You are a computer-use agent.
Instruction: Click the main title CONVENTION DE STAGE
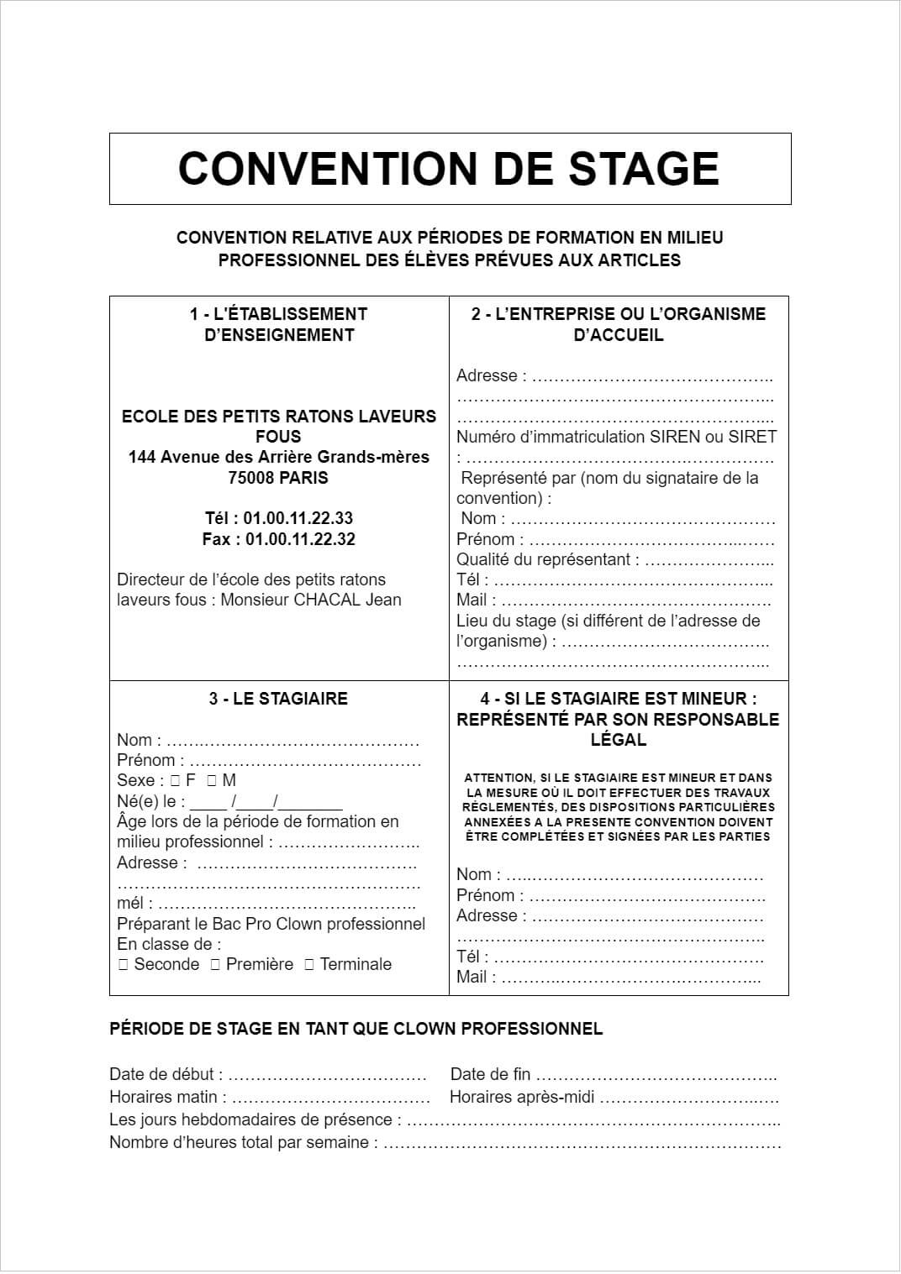coord(449,168)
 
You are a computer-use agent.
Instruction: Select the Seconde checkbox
coord(124,965)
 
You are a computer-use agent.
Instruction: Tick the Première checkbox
coord(215,965)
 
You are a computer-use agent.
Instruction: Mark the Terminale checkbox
coord(309,965)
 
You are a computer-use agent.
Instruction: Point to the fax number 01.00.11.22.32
coord(300,539)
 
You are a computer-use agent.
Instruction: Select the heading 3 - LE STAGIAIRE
coord(278,699)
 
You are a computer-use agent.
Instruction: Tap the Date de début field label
coord(166,1074)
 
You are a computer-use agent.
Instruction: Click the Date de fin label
coord(491,1074)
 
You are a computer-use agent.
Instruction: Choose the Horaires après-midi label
coord(522,1097)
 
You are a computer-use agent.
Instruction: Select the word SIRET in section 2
coord(753,437)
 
